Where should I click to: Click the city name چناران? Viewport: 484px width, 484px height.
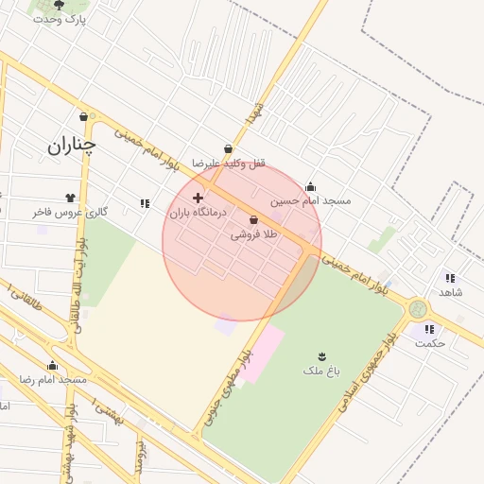[73, 145]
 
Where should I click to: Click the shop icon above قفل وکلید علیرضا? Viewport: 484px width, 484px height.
[228, 148]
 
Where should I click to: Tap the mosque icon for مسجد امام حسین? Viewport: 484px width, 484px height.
[311, 186]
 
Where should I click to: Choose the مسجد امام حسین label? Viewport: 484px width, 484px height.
[310, 200]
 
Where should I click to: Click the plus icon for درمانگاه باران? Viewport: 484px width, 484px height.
[198, 198]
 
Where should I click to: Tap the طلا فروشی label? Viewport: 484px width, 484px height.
[253, 234]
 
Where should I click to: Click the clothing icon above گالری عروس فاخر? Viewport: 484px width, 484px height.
[70, 198]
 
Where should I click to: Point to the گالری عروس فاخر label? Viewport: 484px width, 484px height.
[70, 212]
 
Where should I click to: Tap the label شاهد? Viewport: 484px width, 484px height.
[450, 292]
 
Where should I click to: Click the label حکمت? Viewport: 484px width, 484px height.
[429, 343]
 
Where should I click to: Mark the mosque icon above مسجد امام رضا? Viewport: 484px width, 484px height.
[52, 366]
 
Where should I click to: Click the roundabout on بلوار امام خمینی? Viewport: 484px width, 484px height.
[418, 309]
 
